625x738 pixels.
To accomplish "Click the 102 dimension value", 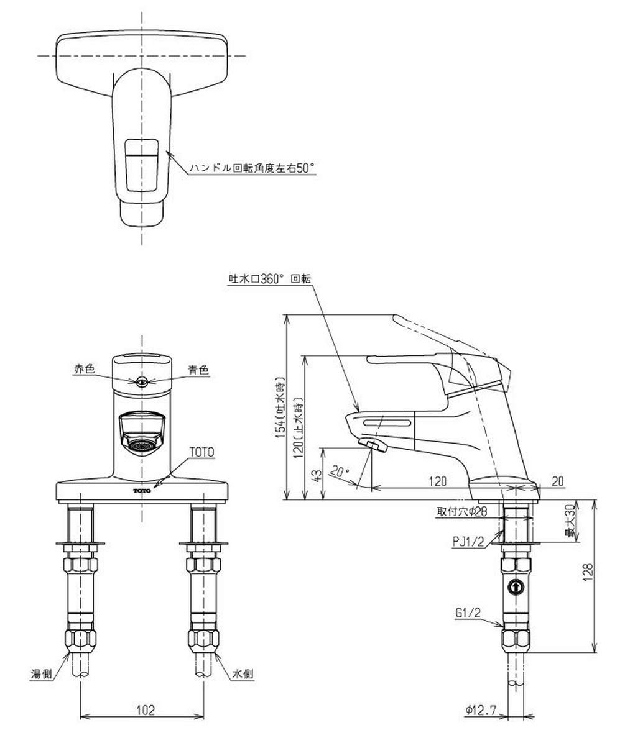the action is coord(145,710).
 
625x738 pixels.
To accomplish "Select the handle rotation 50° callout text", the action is coord(252,168).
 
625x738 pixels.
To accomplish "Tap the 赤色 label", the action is coord(85,370).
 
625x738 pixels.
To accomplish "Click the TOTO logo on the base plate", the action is coord(142,491).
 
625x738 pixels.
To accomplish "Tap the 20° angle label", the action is coord(340,470).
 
